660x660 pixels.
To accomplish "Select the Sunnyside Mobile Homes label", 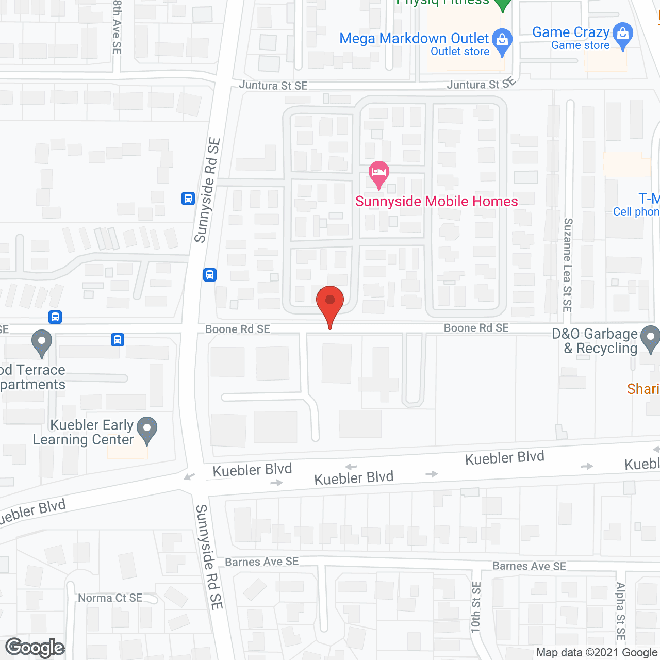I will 436,201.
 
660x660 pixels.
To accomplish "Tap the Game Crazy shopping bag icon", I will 623,34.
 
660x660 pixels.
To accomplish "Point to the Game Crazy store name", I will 571,32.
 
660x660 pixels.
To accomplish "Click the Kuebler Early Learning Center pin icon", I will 147,430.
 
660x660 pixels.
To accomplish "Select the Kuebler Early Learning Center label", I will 84,432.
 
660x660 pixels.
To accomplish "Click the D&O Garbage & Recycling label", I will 596,341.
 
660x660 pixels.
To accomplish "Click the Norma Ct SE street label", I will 110,598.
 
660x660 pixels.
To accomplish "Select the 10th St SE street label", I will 476,607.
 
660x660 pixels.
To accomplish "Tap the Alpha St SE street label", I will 621,612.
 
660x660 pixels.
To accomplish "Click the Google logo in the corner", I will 35,648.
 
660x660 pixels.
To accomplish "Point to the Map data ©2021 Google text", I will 597,653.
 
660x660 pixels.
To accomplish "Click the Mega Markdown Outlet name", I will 414,39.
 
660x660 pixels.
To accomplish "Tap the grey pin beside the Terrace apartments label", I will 42,342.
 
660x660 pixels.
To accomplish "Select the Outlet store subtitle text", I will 460,52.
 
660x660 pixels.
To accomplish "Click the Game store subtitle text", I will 580,45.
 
